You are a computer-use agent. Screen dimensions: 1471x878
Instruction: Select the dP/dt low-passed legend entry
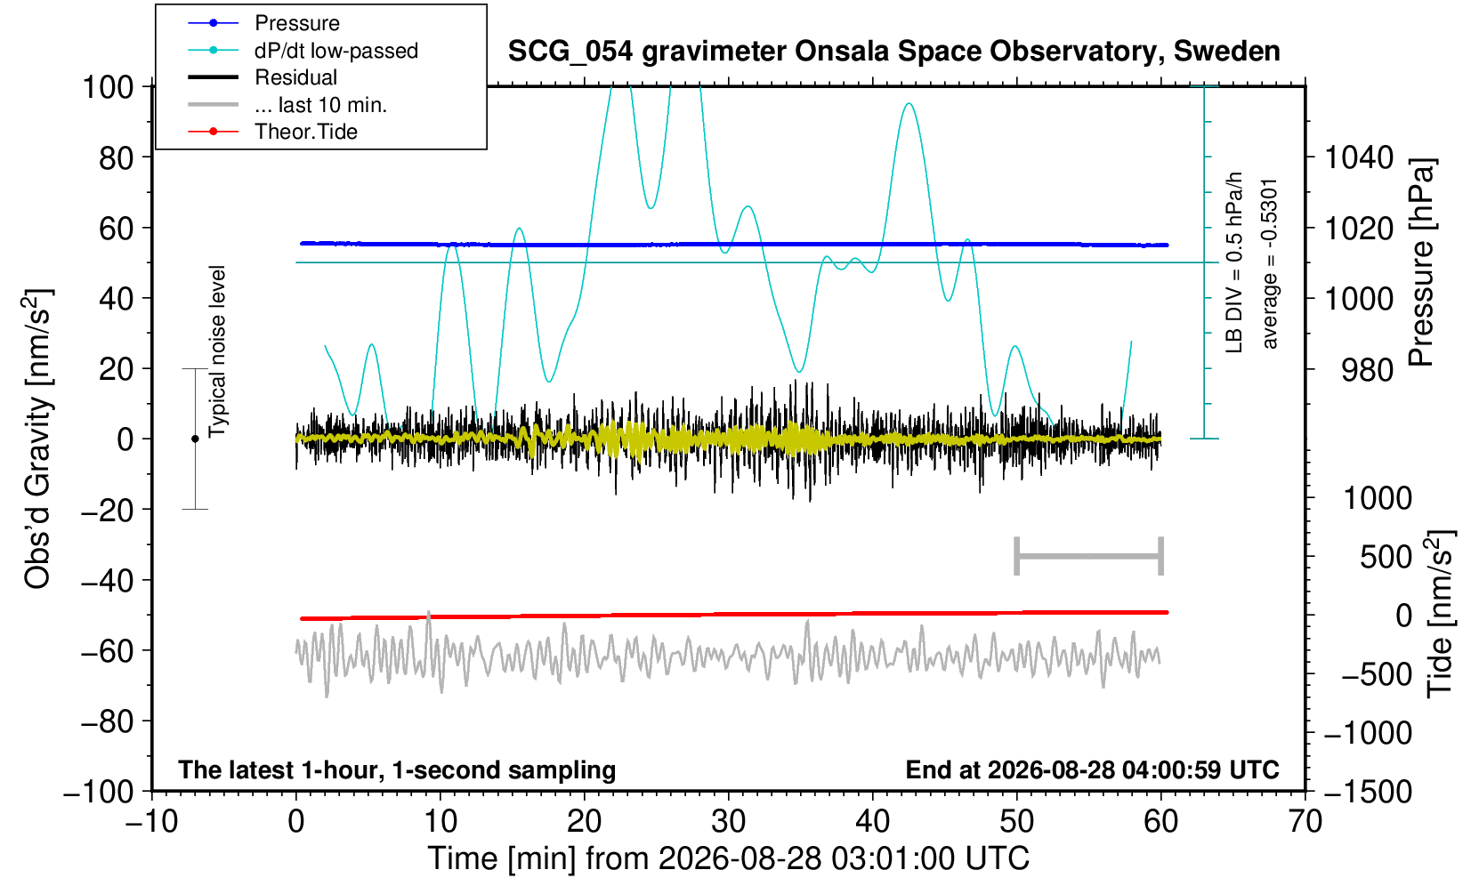303,51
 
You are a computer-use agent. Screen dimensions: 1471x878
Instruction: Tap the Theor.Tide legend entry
272,132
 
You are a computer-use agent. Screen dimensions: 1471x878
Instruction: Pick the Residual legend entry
263,77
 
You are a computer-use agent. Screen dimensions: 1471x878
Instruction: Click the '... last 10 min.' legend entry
287,104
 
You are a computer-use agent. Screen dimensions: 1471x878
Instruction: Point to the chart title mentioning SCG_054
893,52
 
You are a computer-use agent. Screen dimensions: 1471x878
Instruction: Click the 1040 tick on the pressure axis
1359,157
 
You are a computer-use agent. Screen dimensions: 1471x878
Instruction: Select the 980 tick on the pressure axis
1367,370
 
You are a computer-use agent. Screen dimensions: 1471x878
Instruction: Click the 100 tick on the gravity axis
109,86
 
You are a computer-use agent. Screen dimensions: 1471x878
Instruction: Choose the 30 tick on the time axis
728,821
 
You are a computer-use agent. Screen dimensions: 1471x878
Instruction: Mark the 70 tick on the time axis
1305,821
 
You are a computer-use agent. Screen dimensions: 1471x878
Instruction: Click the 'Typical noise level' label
217,352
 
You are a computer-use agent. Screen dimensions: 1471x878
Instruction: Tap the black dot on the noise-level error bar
195,439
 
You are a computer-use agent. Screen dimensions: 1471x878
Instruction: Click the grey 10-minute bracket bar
1089,556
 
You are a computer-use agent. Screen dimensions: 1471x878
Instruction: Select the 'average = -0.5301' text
1269,263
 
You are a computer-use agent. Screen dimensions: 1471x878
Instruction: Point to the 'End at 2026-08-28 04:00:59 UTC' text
1092,769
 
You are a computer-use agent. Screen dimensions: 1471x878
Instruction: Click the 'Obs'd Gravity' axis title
38,439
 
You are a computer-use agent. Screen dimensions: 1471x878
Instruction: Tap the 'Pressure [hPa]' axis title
1421,262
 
